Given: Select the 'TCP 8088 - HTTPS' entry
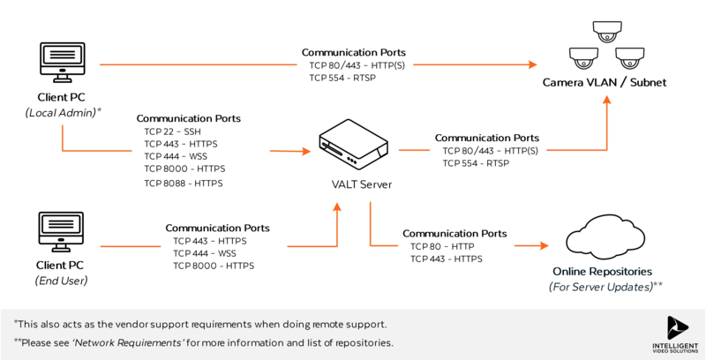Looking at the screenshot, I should tap(184, 183).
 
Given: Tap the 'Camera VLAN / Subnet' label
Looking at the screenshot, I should tap(605, 83).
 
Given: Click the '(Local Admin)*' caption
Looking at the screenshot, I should tap(63, 112).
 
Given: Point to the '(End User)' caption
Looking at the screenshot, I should tap(63, 281).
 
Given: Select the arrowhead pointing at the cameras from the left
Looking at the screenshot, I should tap(533, 64).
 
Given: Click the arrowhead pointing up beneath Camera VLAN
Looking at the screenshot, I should tap(607, 101).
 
